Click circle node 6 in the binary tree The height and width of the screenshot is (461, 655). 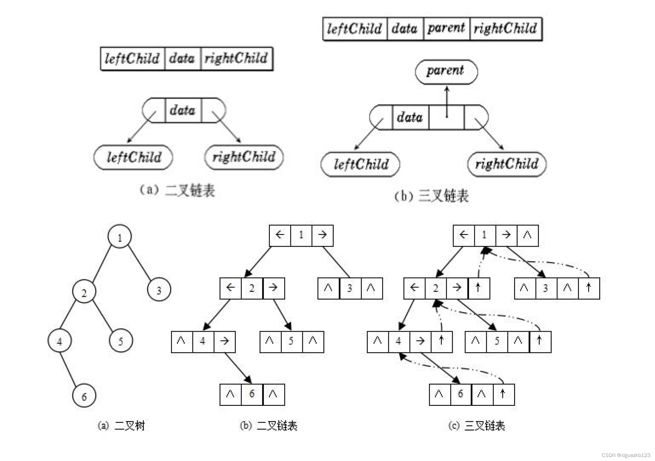[x=84, y=396]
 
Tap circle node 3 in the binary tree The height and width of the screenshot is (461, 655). [x=159, y=290]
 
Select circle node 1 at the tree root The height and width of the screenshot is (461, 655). [x=120, y=237]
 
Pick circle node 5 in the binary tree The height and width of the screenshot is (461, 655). [x=121, y=341]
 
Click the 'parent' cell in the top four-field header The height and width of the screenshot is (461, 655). [x=446, y=29]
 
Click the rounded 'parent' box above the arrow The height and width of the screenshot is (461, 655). [x=446, y=72]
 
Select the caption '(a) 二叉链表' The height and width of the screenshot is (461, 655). [x=177, y=190]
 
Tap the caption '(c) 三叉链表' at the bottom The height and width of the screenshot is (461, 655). [x=476, y=425]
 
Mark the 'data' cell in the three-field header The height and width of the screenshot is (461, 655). [x=182, y=59]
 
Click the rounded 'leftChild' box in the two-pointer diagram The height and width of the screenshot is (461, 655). [x=133, y=157]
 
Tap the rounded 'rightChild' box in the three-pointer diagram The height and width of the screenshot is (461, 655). [x=507, y=164]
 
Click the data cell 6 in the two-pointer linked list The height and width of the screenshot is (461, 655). [x=252, y=394]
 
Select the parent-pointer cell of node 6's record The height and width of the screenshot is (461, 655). [x=504, y=394]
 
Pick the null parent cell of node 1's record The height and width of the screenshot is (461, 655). [x=528, y=235]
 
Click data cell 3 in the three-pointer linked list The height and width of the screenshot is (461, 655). [x=546, y=288]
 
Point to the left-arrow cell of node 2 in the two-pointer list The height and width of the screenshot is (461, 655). [x=230, y=288]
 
